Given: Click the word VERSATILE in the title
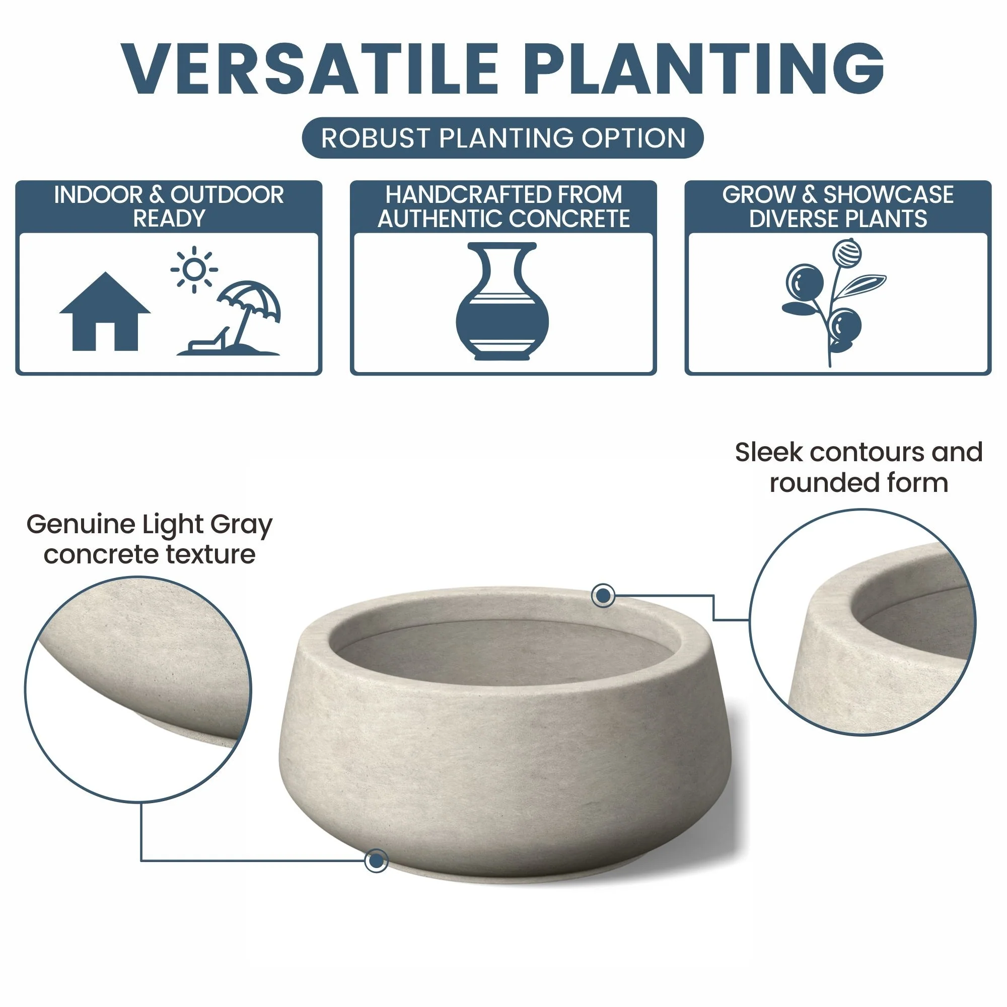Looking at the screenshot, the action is coord(310,69).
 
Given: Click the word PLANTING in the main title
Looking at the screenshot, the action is coord(707,69).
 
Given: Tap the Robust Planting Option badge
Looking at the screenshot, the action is coord(503,138).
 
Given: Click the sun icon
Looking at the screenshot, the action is coord(194,269).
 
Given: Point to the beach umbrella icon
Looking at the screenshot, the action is coord(249,313).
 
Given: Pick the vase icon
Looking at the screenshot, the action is coord(502,301).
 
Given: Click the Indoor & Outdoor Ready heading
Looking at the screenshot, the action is coord(169,206).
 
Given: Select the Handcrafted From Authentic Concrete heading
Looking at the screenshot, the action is coord(503,206).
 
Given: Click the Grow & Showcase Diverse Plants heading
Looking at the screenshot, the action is coord(838,206).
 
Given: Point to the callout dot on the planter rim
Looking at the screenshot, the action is coord(604,595).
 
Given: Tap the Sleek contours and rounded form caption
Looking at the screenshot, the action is coord(859,467).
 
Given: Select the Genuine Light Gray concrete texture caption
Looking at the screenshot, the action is coord(150,539).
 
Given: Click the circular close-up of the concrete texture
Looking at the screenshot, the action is coord(138,689).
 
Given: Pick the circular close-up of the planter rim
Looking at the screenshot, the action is coord(862,622).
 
